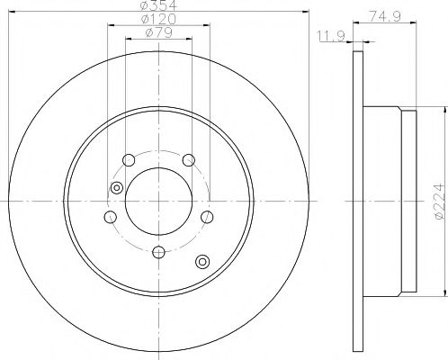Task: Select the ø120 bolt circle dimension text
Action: (x=158, y=20)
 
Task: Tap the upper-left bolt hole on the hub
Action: (x=128, y=160)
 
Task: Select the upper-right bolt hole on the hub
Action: (x=189, y=160)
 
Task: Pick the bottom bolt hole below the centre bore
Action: (x=158, y=252)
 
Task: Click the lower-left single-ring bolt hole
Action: (x=110, y=218)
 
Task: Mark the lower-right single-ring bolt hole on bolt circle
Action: (x=208, y=218)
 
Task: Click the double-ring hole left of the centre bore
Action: (x=115, y=187)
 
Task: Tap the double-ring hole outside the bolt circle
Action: (x=202, y=261)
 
